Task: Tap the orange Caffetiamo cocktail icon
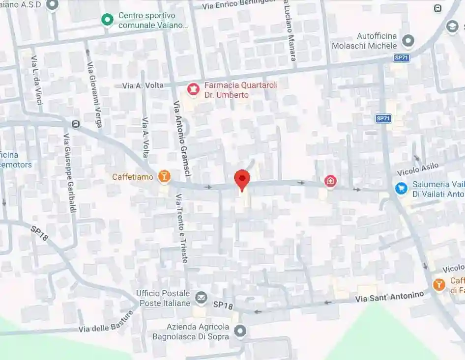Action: coord(164,176)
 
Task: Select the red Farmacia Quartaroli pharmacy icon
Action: coord(193,90)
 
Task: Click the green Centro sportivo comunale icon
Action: coord(107,20)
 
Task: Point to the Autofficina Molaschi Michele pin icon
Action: coord(407,40)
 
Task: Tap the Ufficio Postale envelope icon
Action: coord(201,297)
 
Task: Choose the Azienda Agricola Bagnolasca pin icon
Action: coord(240,332)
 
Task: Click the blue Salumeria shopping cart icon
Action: coord(402,188)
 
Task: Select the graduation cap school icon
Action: coord(452,27)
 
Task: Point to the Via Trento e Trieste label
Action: coord(181,228)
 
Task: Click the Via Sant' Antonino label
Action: coord(389,296)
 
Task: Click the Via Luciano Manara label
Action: coord(290,30)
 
